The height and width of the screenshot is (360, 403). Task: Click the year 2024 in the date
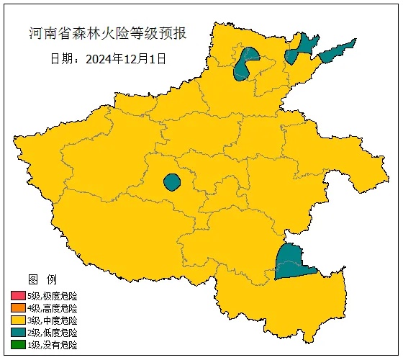tap(99, 59)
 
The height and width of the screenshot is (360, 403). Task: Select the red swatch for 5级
tap(18, 296)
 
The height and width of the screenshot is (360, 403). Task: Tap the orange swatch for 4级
tap(18, 308)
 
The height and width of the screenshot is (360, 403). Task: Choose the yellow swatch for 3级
tap(18, 320)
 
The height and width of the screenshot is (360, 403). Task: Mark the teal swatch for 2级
tap(18, 333)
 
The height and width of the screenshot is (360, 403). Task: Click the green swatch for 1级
tap(18, 345)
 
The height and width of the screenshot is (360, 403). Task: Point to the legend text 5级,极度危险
tap(53, 296)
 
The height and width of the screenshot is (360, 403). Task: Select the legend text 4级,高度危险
tap(53, 308)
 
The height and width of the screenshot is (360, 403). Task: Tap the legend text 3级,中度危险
tap(53, 320)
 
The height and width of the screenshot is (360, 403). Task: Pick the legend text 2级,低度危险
tap(53, 333)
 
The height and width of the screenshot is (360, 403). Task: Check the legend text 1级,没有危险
tap(53, 345)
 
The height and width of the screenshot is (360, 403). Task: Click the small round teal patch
tap(171, 182)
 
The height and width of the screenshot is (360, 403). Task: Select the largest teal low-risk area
tap(291, 263)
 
